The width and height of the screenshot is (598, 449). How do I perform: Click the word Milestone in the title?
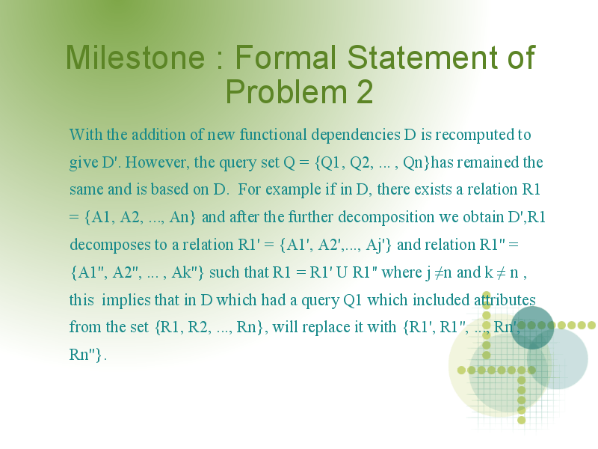135,57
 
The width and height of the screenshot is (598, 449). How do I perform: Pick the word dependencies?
356,135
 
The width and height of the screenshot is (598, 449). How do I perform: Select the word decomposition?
386,218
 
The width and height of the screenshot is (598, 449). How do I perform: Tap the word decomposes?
110,245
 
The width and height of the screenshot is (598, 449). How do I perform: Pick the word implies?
126,300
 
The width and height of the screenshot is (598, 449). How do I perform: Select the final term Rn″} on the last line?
86,355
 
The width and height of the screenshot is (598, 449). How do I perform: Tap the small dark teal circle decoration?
532,328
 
